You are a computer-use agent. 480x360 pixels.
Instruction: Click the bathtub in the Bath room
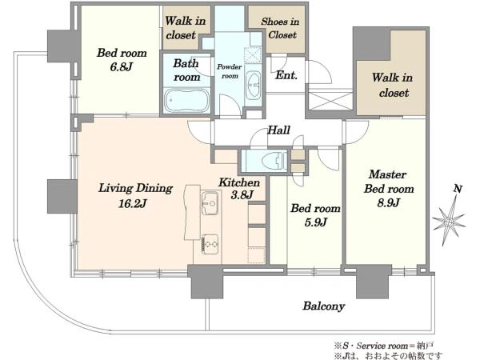[x=186, y=100]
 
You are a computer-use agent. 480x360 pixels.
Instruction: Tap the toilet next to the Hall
[x=273, y=160]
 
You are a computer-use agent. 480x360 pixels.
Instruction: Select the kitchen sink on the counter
[x=210, y=202]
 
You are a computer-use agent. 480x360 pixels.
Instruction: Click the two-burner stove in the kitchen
[x=210, y=244]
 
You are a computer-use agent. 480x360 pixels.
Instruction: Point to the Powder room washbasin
[x=253, y=86]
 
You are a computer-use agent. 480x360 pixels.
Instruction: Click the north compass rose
[x=450, y=220]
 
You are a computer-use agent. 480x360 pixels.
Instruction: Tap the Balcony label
[x=324, y=306]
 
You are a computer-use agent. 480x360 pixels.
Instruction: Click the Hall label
[x=278, y=130]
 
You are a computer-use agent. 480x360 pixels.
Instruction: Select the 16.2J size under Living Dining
[x=132, y=203]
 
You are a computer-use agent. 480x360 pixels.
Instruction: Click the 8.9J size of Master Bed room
[x=388, y=202]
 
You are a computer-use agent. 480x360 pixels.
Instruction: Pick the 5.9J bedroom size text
[x=316, y=222]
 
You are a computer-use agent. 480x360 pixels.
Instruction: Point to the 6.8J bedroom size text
[x=122, y=66]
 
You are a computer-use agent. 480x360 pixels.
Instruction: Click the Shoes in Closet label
[x=281, y=28]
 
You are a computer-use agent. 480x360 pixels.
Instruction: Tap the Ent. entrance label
[x=286, y=75]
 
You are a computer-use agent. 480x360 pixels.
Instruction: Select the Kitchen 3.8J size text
[x=242, y=194]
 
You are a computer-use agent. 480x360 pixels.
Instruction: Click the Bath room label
[x=186, y=70]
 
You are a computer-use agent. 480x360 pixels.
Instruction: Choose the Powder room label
[x=230, y=71]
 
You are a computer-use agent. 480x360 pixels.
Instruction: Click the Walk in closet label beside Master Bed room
[x=393, y=85]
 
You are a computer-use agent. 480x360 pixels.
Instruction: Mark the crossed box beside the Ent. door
[x=330, y=100]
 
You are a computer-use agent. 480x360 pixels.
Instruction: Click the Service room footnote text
[x=384, y=346]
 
